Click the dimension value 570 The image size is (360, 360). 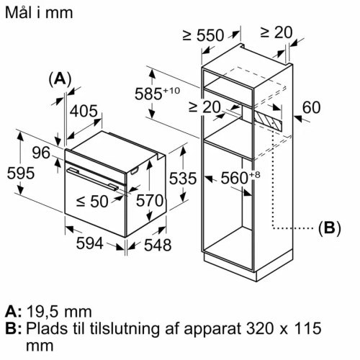[150, 201]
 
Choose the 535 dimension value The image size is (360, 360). [182, 177]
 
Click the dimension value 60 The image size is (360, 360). [310, 109]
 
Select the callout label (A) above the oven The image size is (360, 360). [60, 79]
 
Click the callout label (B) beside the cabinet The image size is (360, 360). [328, 228]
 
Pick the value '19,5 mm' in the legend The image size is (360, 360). [58, 311]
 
